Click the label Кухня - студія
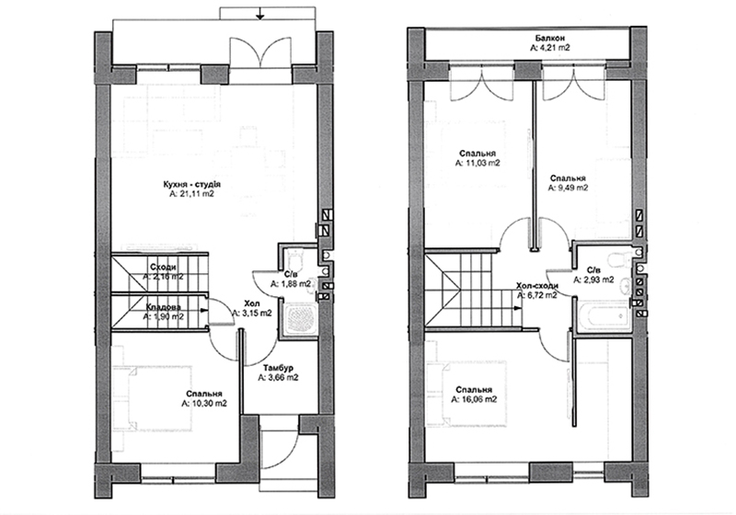191,184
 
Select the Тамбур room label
278,368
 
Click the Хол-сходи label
537,286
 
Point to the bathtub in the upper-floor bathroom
604,317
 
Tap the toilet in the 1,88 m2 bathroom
296,258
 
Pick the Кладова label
164,307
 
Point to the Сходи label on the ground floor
164,267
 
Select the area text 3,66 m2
278,377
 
